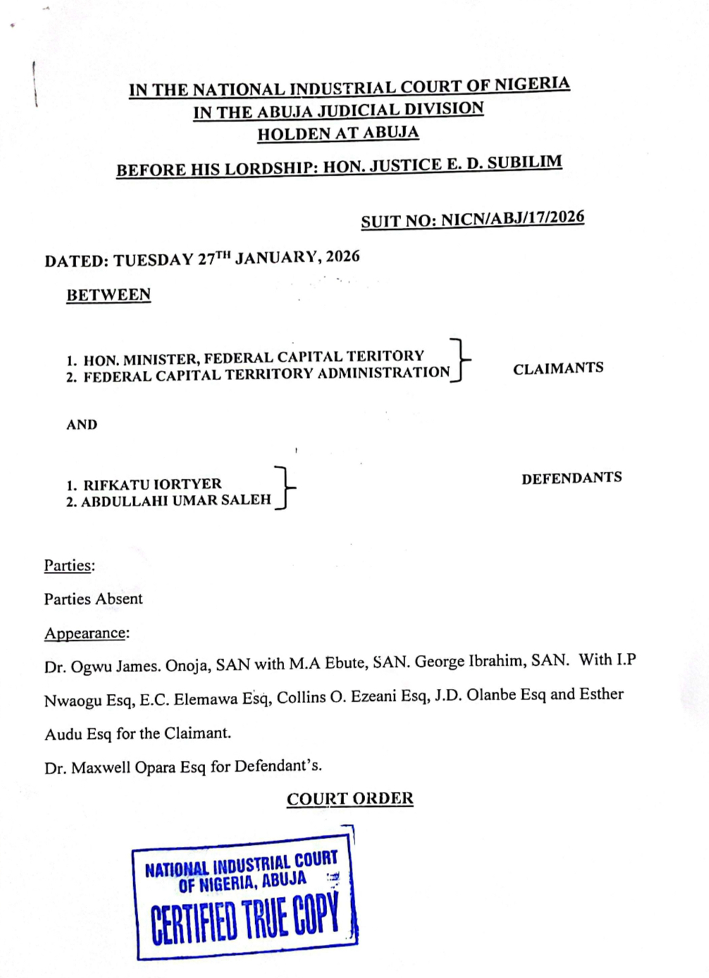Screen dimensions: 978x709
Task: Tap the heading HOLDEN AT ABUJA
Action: click(x=338, y=133)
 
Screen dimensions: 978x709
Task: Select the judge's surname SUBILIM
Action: click(x=524, y=163)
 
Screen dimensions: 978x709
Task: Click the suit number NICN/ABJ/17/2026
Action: click(x=512, y=218)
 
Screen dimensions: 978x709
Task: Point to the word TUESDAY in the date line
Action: click(x=153, y=259)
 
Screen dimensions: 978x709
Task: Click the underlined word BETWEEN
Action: click(x=109, y=295)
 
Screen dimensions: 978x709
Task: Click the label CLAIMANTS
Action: click(x=557, y=368)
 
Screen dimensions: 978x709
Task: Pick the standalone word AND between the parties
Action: click(x=82, y=424)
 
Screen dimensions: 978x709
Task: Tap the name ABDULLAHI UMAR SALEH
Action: click(x=175, y=501)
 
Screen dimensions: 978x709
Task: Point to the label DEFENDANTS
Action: click(x=571, y=478)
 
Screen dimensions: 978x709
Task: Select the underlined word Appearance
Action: click(x=85, y=633)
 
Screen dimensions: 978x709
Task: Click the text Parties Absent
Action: click(x=93, y=599)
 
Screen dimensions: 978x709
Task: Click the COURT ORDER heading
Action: click(x=350, y=799)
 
